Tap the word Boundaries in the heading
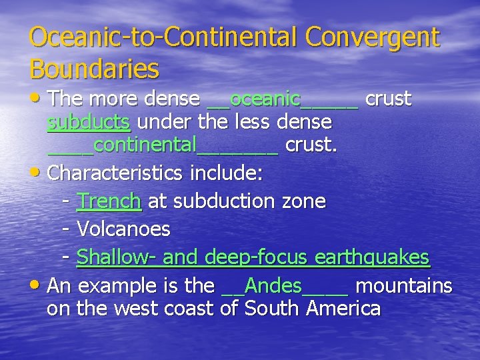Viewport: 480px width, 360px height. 94,68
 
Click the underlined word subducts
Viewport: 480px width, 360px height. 88,122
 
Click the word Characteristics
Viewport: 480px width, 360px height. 117,173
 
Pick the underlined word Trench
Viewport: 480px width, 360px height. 109,201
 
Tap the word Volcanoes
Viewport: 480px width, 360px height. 123,229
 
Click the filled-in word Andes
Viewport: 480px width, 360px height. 273,286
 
